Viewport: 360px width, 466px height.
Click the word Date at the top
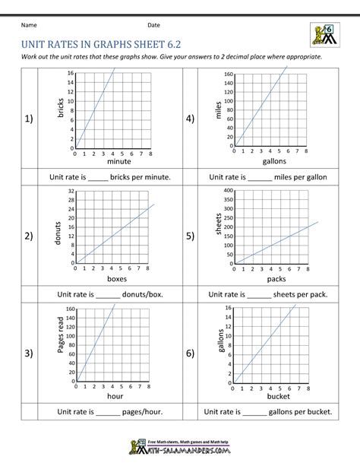coord(154,26)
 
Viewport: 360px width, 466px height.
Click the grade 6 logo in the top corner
coord(324,34)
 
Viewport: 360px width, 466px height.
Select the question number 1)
coord(30,119)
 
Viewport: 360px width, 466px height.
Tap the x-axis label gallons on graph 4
coord(275,161)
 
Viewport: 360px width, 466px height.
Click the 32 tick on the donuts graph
coord(71,191)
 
